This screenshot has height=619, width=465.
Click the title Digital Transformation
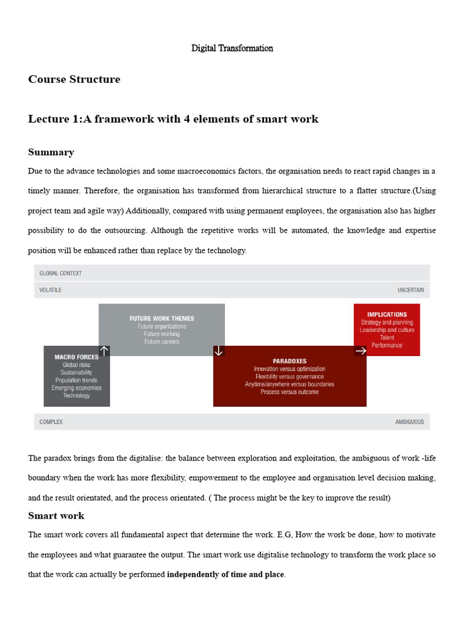click(232, 48)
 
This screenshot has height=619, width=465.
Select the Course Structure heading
click(74, 80)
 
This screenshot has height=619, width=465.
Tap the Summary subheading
click(51, 152)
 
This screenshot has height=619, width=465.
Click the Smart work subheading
click(56, 516)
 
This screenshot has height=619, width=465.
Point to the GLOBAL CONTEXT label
click(61, 273)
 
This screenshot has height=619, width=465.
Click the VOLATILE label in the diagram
click(50, 290)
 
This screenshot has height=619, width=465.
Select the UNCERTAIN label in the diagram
click(411, 290)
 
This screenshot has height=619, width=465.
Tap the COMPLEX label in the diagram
click(51, 422)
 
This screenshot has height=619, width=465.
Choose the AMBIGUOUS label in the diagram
click(409, 422)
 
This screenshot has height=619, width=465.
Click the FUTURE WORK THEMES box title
click(162, 319)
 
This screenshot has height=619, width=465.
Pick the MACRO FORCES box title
click(77, 357)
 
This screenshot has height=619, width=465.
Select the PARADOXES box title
click(289, 361)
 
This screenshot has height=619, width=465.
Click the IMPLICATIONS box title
click(387, 314)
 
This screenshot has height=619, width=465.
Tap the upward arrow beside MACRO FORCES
click(104, 351)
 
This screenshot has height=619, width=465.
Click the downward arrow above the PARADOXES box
click(219, 351)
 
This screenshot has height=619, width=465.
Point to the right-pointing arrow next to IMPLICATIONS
click(360, 351)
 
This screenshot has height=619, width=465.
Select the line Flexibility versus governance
click(289, 377)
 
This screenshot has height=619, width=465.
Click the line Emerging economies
click(76, 388)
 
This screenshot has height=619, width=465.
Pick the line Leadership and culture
click(387, 330)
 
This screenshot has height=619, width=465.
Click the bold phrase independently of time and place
click(225, 574)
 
